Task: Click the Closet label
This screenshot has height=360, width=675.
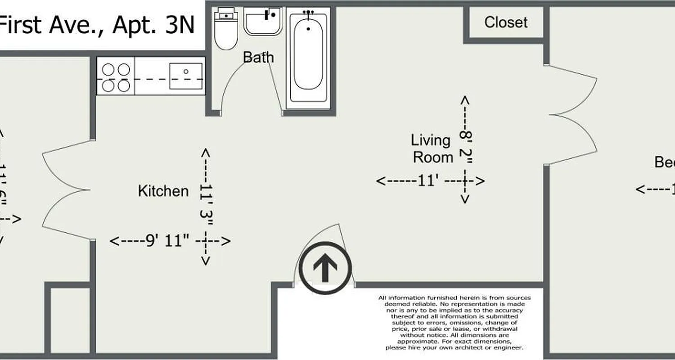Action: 506,22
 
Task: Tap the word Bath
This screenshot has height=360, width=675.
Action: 258,57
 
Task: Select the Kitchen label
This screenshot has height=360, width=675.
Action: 163,191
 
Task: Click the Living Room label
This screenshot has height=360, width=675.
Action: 432,148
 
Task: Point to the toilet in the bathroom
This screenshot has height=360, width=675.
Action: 225,30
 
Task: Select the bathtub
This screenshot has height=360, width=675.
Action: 308,58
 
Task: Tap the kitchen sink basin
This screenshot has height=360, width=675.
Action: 185,76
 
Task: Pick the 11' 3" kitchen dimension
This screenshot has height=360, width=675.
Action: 206,207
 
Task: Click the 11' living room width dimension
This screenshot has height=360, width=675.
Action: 430,181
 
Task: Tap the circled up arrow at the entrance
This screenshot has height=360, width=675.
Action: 325,268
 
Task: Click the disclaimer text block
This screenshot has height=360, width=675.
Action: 454,323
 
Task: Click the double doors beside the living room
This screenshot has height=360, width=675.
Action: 571,115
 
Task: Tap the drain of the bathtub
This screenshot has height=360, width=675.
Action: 308,29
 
